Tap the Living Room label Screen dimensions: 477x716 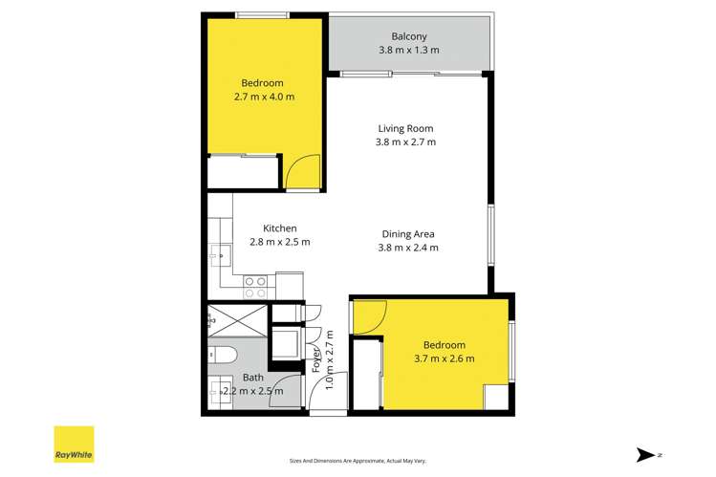tap(405, 128)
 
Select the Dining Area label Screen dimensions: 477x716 tap(408, 233)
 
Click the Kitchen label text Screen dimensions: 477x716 tap(280, 228)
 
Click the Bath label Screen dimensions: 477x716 tap(252, 378)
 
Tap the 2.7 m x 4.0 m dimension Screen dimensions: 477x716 tap(264, 97)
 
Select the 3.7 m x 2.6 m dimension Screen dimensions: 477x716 tap(445, 358)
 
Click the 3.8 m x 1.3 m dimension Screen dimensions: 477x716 tap(409, 50)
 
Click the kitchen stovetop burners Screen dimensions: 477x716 tap(256, 281)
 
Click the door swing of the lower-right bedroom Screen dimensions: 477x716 tap(370, 316)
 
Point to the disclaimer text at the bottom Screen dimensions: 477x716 tap(357, 460)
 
